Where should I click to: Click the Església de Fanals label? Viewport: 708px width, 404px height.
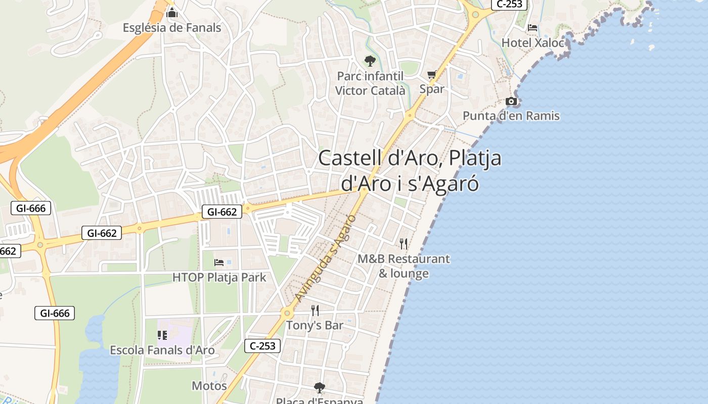point(172,27)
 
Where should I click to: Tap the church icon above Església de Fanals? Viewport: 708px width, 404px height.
point(172,12)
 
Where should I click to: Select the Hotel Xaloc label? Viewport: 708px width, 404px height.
point(533,43)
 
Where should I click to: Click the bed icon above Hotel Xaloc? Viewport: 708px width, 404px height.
point(533,27)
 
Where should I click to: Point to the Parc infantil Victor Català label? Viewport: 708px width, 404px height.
point(370,83)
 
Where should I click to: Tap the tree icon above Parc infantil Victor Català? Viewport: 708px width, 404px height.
point(370,61)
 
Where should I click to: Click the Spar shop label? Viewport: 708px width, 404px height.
point(432,89)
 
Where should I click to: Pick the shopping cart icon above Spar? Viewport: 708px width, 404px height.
point(431,75)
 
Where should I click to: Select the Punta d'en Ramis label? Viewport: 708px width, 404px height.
point(511,116)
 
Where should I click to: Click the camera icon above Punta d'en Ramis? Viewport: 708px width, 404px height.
point(511,102)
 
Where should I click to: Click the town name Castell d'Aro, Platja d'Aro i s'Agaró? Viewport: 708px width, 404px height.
point(410,171)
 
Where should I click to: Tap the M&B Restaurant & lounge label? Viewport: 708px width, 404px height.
point(404,266)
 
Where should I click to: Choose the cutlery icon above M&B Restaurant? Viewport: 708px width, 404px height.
point(404,244)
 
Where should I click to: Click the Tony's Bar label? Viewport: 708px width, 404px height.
point(315,325)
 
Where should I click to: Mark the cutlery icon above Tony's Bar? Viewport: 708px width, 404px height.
point(315,310)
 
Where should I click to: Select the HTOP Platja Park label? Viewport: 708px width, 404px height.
point(219,277)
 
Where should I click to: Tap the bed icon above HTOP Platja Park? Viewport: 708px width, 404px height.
point(219,262)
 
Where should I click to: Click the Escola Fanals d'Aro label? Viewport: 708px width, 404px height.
point(162,350)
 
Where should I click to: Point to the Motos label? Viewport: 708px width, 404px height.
point(209,386)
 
